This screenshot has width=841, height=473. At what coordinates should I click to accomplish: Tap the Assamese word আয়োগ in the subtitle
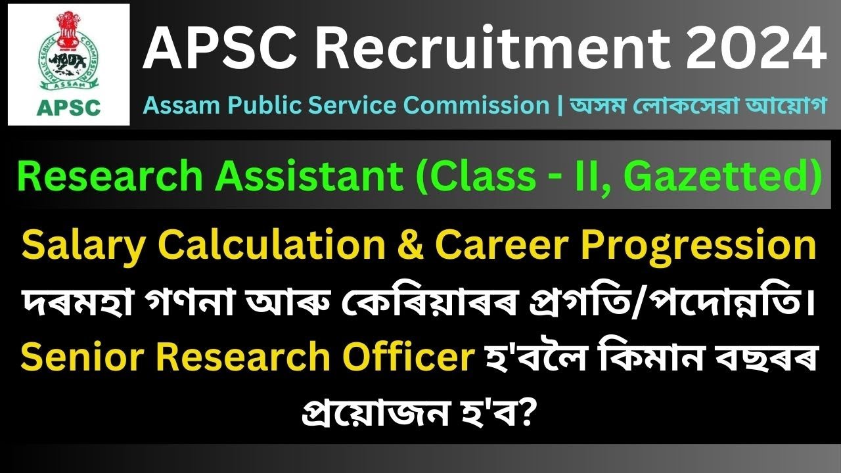[794, 105]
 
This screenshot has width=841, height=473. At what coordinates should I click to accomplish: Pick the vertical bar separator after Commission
[558, 105]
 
